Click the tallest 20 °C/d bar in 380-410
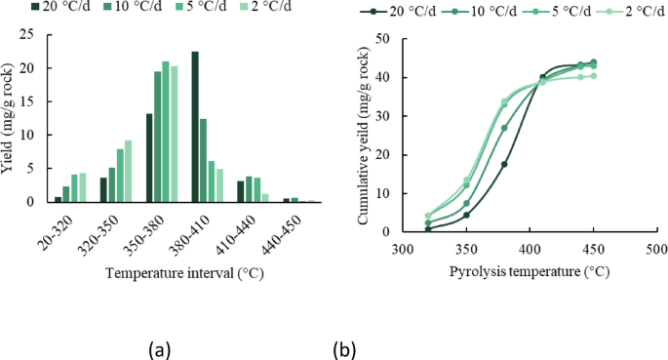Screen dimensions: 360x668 (x=195, y=127)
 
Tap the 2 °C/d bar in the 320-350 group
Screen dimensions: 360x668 (x=128, y=172)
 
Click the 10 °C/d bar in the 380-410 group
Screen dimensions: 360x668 (x=204, y=161)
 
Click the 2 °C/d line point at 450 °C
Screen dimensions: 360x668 (x=593, y=75)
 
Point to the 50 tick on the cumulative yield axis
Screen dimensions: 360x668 (x=384, y=39)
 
